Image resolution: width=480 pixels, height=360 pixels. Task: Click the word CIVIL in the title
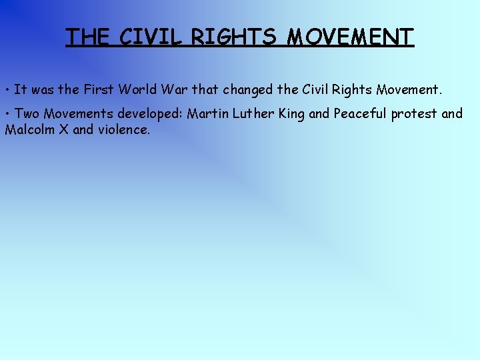[151, 37]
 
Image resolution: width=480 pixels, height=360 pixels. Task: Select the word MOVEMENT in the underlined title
[351, 37]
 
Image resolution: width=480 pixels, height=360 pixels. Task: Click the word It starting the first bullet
[20, 89]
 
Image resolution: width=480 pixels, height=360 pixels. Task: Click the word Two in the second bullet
[27, 113]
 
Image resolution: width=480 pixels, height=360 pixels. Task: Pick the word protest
[414, 114]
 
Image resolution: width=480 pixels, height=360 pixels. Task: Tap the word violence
[124, 129]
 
